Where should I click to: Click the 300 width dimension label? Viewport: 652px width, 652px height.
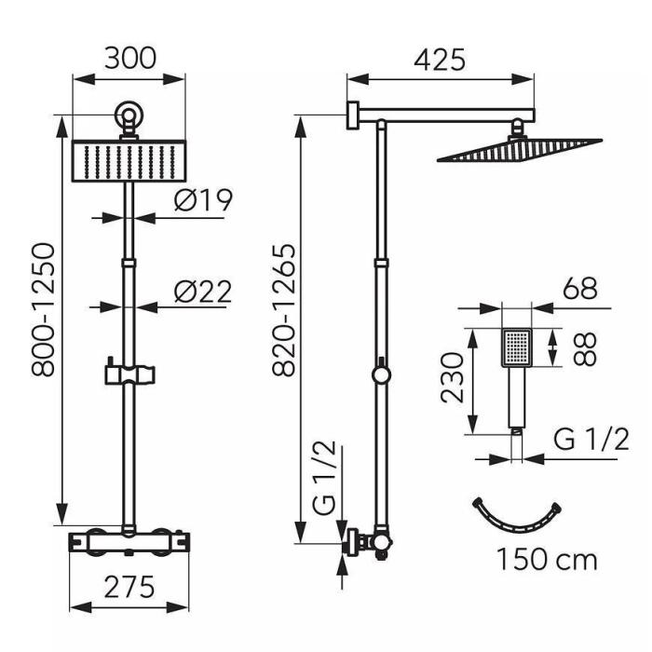tap(130, 59)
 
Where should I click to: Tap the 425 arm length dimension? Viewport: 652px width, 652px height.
tap(440, 61)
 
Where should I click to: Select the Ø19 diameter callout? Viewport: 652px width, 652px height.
tap(203, 200)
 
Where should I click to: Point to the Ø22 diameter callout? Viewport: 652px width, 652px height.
tap(202, 292)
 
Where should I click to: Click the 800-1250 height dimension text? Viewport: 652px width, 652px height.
tap(43, 310)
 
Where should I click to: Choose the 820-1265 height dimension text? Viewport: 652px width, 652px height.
tap(284, 310)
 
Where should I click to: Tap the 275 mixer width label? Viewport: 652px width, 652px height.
tap(129, 587)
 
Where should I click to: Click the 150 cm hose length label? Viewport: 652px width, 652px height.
tap(547, 560)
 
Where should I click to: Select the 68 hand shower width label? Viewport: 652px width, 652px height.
tap(580, 288)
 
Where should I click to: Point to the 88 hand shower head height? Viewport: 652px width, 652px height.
tap(584, 348)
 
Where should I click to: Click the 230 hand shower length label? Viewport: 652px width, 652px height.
tap(452, 378)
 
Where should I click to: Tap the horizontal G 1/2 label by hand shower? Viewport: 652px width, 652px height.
tap(591, 439)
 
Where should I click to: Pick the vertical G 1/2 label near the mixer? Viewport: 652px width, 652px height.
tap(323, 478)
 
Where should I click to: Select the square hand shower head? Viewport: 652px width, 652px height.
tap(517, 347)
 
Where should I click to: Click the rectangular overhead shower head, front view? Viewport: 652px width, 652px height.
tap(129, 161)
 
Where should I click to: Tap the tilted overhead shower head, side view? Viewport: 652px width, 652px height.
tap(520, 150)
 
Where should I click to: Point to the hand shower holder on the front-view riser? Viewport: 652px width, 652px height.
tap(130, 374)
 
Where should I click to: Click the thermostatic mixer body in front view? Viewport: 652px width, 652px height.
tap(129, 542)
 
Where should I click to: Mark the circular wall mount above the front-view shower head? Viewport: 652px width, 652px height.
tap(129, 115)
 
